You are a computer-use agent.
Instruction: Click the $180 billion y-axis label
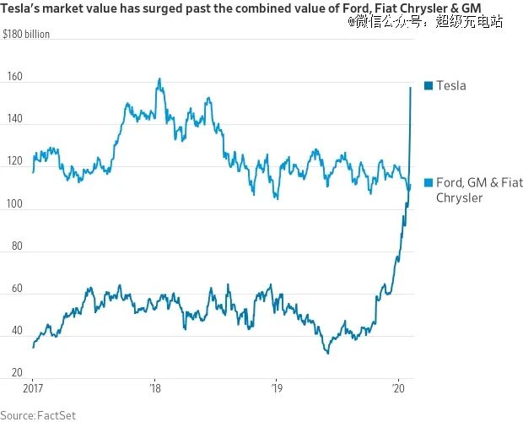26,34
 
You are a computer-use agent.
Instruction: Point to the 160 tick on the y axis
14,77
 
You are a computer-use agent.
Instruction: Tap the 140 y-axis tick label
14,118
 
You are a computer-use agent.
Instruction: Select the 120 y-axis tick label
14,161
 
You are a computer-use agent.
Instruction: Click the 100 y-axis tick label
14,203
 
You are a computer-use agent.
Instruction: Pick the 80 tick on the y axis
17,246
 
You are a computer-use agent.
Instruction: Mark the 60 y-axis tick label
17,289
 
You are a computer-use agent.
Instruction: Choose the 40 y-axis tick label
17,331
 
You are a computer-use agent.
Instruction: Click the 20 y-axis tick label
17,373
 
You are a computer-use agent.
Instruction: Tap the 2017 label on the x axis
33,388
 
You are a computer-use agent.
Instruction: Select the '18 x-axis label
155,388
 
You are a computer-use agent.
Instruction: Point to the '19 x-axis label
277,388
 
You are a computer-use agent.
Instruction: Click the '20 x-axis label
399,388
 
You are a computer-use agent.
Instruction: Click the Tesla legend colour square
429,86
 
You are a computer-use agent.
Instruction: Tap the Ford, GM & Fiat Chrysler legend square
429,182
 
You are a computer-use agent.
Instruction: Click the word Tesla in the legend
451,86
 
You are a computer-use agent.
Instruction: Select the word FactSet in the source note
57,415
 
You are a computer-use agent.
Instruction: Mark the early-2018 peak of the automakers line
159,78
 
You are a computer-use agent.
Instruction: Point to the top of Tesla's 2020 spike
411,88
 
